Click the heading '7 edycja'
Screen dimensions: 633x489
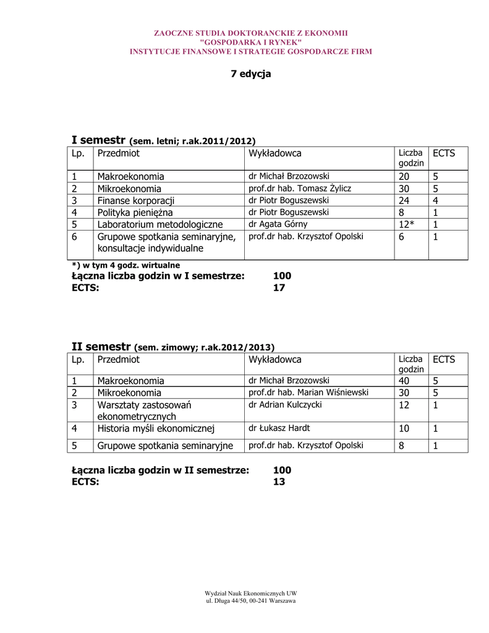251,74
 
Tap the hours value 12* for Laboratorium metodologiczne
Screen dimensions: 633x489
407,224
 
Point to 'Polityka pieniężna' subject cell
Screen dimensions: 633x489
135,213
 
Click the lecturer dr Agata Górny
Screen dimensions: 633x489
278,224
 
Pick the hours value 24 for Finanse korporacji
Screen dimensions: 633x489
404,201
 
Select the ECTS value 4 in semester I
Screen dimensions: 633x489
435,201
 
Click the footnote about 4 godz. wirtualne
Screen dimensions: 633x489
126,265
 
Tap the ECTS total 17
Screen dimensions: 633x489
279,287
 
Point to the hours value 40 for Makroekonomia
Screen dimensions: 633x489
404,381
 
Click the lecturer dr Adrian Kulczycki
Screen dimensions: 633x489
285,405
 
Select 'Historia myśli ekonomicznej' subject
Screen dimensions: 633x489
155,428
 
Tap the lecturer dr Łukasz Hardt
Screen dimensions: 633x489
279,428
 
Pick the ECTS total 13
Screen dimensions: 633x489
279,482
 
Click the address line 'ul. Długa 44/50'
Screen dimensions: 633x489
250,601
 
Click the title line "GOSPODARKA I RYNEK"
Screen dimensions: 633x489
250,42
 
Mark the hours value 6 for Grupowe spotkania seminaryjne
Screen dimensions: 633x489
402,237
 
